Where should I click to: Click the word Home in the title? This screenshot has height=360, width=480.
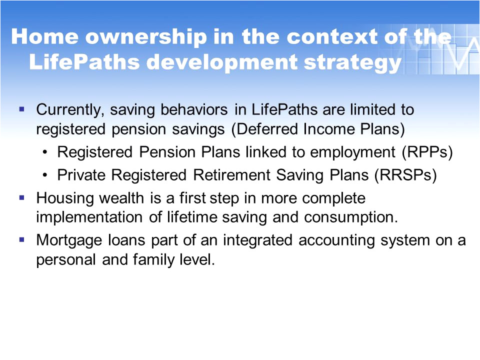44,36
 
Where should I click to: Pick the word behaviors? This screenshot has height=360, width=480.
194,109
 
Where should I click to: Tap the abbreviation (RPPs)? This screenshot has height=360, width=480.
427,152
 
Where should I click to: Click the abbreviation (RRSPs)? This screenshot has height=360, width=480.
405,175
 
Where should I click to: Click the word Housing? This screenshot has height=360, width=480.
65,198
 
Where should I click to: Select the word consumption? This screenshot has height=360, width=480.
351,217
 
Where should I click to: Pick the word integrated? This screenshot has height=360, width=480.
257,240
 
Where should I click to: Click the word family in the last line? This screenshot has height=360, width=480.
155,260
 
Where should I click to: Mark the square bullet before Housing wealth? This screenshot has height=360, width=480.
21,198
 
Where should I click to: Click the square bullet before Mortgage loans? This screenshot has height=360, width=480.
21,239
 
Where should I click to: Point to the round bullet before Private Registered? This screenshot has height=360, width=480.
45,175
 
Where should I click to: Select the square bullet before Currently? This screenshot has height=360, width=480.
21,109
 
